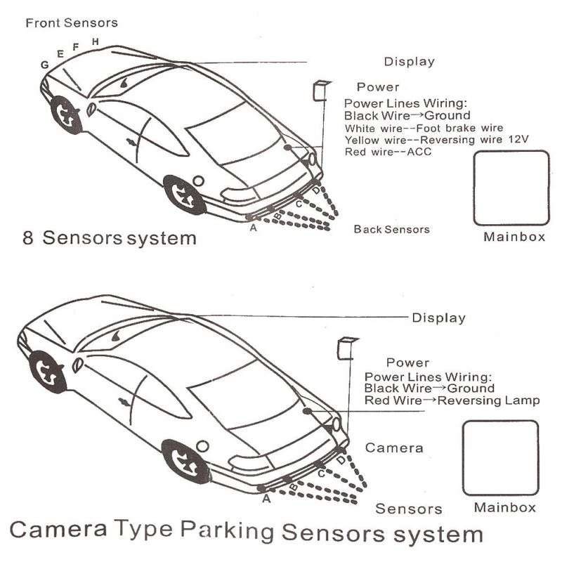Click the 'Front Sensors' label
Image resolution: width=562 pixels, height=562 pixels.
(71, 23)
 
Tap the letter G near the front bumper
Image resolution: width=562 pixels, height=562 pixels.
(44, 65)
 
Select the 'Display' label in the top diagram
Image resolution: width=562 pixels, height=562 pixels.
(409, 62)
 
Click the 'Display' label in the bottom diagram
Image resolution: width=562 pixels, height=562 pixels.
(438, 318)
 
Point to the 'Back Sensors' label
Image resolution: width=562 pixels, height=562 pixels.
(391, 229)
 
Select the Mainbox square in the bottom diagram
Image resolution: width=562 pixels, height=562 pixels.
(500, 457)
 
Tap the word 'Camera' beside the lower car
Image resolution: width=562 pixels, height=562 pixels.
(394, 447)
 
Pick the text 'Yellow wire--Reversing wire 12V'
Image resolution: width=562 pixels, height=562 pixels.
(436, 140)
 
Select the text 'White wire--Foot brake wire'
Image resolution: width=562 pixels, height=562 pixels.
(424, 128)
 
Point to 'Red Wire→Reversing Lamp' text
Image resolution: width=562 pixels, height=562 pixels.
(452, 400)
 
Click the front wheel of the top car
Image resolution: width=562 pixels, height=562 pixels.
(67, 115)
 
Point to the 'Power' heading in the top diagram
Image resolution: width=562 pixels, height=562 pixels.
(378, 87)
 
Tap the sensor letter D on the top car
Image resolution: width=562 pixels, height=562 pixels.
(316, 190)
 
